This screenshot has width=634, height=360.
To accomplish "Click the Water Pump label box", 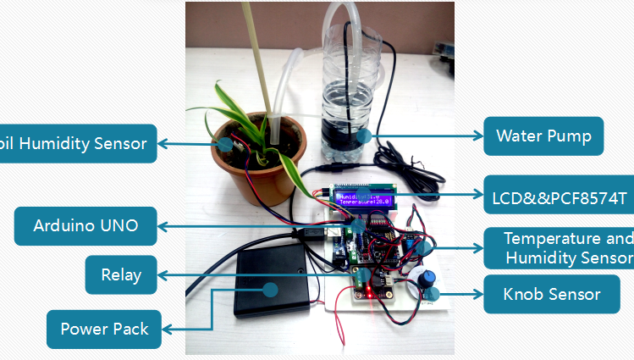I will [543, 136].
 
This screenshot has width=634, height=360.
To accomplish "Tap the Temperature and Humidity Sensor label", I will [559, 247].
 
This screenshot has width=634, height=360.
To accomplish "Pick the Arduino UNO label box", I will [85, 226].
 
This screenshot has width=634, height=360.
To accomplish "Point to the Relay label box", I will [121, 274].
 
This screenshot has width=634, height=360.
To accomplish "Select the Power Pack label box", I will [104, 329].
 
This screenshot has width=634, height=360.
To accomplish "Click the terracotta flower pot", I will [254, 169].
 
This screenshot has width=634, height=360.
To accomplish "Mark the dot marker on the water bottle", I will [363, 135].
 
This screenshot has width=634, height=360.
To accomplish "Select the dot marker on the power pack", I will [270, 289].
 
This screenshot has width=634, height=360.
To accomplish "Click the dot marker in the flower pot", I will [225, 143].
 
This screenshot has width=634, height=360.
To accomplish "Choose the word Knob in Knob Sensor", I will [523, 295].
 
